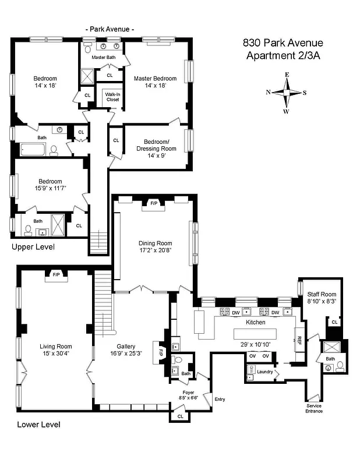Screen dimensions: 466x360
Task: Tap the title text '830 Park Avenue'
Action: [x=283, y=43]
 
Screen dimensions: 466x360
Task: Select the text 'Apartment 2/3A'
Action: [x=283, y=55]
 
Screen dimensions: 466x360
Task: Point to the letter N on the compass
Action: [x=268, y=92]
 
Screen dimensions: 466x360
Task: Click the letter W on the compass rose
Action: [x=286, y=111]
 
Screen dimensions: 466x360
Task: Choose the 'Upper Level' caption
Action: [x=33, y=247]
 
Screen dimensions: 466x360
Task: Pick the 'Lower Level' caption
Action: [x=38, y=425]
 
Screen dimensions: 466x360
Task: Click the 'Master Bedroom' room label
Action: [x=155, y=79]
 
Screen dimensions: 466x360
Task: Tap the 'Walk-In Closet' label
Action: [x=112, y=97]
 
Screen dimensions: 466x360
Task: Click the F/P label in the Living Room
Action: [x=57, y=274]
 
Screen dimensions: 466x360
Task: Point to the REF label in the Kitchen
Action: [x=299, y=339]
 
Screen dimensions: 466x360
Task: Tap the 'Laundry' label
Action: [x=265, y=371]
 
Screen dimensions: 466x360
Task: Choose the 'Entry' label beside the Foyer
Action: [x=220, y=399]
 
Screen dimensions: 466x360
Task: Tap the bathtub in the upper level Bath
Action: [x=30, y=150]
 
